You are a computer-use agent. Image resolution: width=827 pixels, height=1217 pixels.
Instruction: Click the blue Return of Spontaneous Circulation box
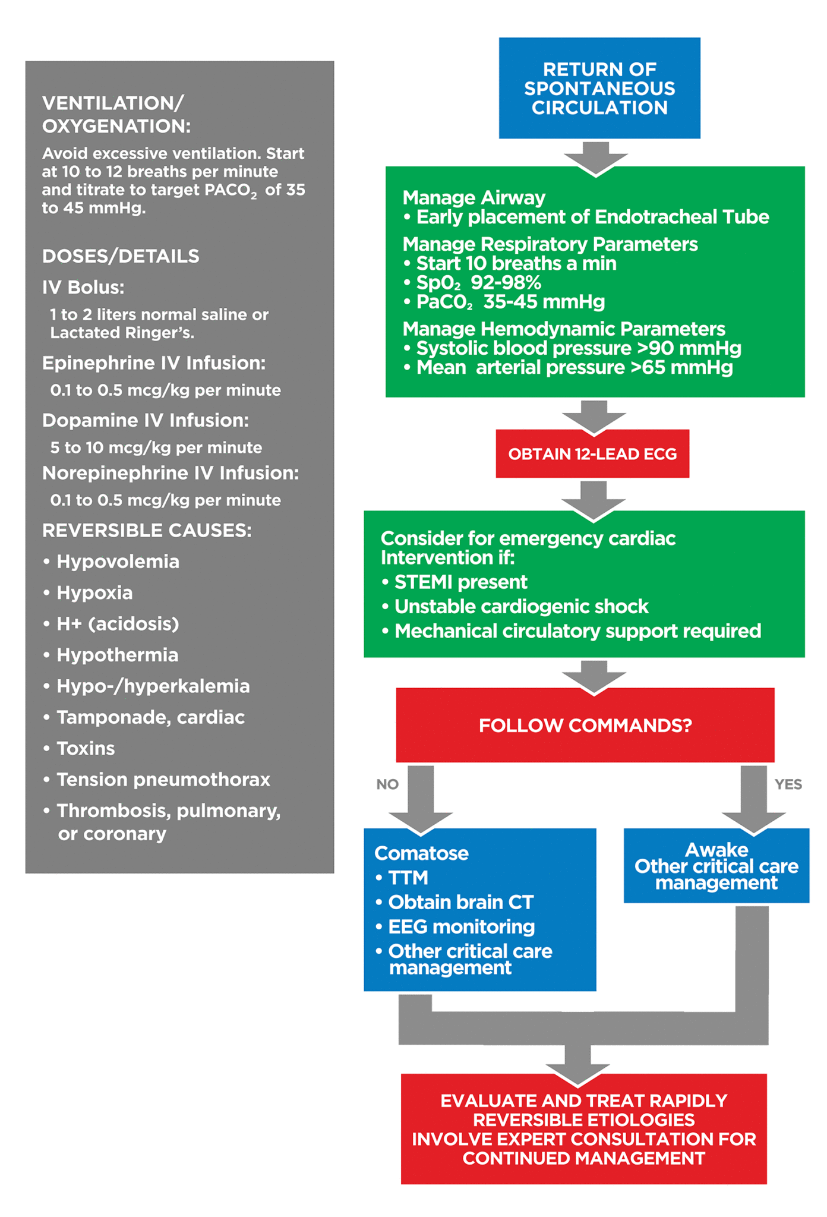click(x=599, y=88)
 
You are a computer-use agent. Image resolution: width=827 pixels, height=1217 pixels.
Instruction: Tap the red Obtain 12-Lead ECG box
click(x=592, y=454)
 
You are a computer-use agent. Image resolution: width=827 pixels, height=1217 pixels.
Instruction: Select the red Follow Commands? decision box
click(x=585, y=725)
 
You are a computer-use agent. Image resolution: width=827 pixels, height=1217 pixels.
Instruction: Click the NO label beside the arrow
click(x=387, y=784)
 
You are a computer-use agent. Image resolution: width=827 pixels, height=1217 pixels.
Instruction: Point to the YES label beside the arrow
click(x=788, y=784)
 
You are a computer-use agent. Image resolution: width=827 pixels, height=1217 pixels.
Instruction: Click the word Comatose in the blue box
click(x=421, y=853)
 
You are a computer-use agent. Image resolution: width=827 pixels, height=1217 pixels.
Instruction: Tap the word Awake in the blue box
click(x=716, y=849)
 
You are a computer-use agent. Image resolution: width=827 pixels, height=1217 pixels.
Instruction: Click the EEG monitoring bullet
click(x=461, y=926)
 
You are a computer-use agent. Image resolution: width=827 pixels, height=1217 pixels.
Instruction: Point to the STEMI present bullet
click(x=460, y=582)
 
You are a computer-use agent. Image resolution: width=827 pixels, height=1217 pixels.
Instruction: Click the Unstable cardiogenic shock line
click(x=521, y=606)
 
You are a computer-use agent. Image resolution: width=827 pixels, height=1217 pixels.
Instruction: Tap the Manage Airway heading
click(x=474, y=197)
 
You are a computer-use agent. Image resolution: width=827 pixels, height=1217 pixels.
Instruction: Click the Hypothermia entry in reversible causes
click(x=117, y=655)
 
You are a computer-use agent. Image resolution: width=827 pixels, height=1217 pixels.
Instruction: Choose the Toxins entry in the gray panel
click(x=86, y=748)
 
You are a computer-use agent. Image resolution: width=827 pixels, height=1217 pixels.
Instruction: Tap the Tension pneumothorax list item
click(x=163, y=779)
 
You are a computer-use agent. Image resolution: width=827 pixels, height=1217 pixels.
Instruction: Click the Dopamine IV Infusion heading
click(x=146, y=420)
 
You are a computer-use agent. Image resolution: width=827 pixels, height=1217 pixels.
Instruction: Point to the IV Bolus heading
click(x=83, y=288)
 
